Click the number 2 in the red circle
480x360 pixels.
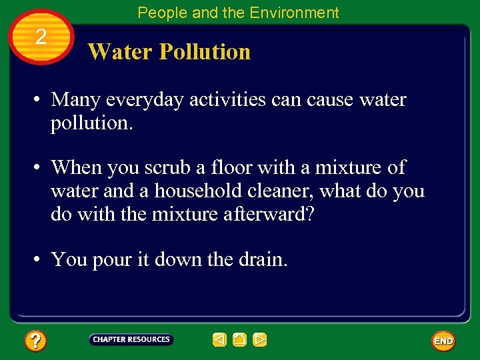pos(41,37)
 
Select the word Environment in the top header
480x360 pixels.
pos(295,13)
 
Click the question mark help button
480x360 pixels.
pos(35,341)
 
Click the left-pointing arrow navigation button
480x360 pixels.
pos(219,340)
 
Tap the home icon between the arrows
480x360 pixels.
pos(239,340)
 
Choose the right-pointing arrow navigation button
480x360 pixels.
pos(260,340)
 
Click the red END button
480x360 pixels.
pos(443,341)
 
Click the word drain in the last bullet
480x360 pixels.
pos(262,259)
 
